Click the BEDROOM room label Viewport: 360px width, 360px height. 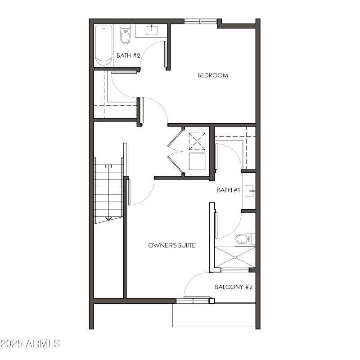pos(213,75)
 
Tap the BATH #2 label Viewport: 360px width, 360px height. pos(129,56)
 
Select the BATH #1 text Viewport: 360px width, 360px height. pos(228,190)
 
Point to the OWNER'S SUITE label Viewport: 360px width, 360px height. pos(172,245)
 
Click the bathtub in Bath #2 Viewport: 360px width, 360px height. pos(104,45)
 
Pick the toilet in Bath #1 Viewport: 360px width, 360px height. pos(243,238)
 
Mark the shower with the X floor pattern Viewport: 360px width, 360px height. pos(235,257)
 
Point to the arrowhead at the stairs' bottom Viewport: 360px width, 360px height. pos(108,220)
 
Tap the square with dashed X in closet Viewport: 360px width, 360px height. pos(197,141)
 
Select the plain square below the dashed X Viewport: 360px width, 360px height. pos(197,161)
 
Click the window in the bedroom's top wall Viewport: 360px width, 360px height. pos(200,21)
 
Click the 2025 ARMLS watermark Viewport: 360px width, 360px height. pos(30,343)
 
